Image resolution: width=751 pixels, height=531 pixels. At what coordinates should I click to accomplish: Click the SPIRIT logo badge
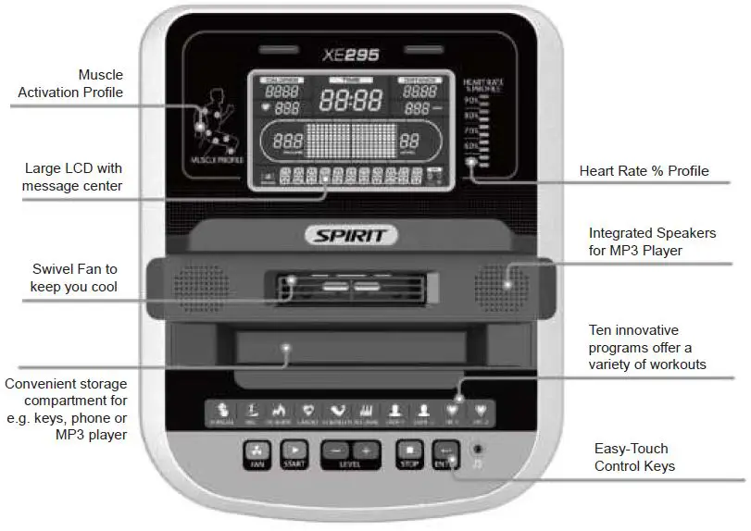tap(352, 235)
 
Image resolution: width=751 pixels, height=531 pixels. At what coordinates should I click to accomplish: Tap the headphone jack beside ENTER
tap(477, 449)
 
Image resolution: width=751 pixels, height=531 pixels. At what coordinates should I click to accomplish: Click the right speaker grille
tap(502, 281)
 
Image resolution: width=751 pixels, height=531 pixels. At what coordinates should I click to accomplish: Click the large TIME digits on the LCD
tap(351, 99)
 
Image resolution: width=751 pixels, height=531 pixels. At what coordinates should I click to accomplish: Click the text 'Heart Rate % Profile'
tap(644, 171)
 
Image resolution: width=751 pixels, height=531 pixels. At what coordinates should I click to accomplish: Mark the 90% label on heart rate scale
tap(472, 99)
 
